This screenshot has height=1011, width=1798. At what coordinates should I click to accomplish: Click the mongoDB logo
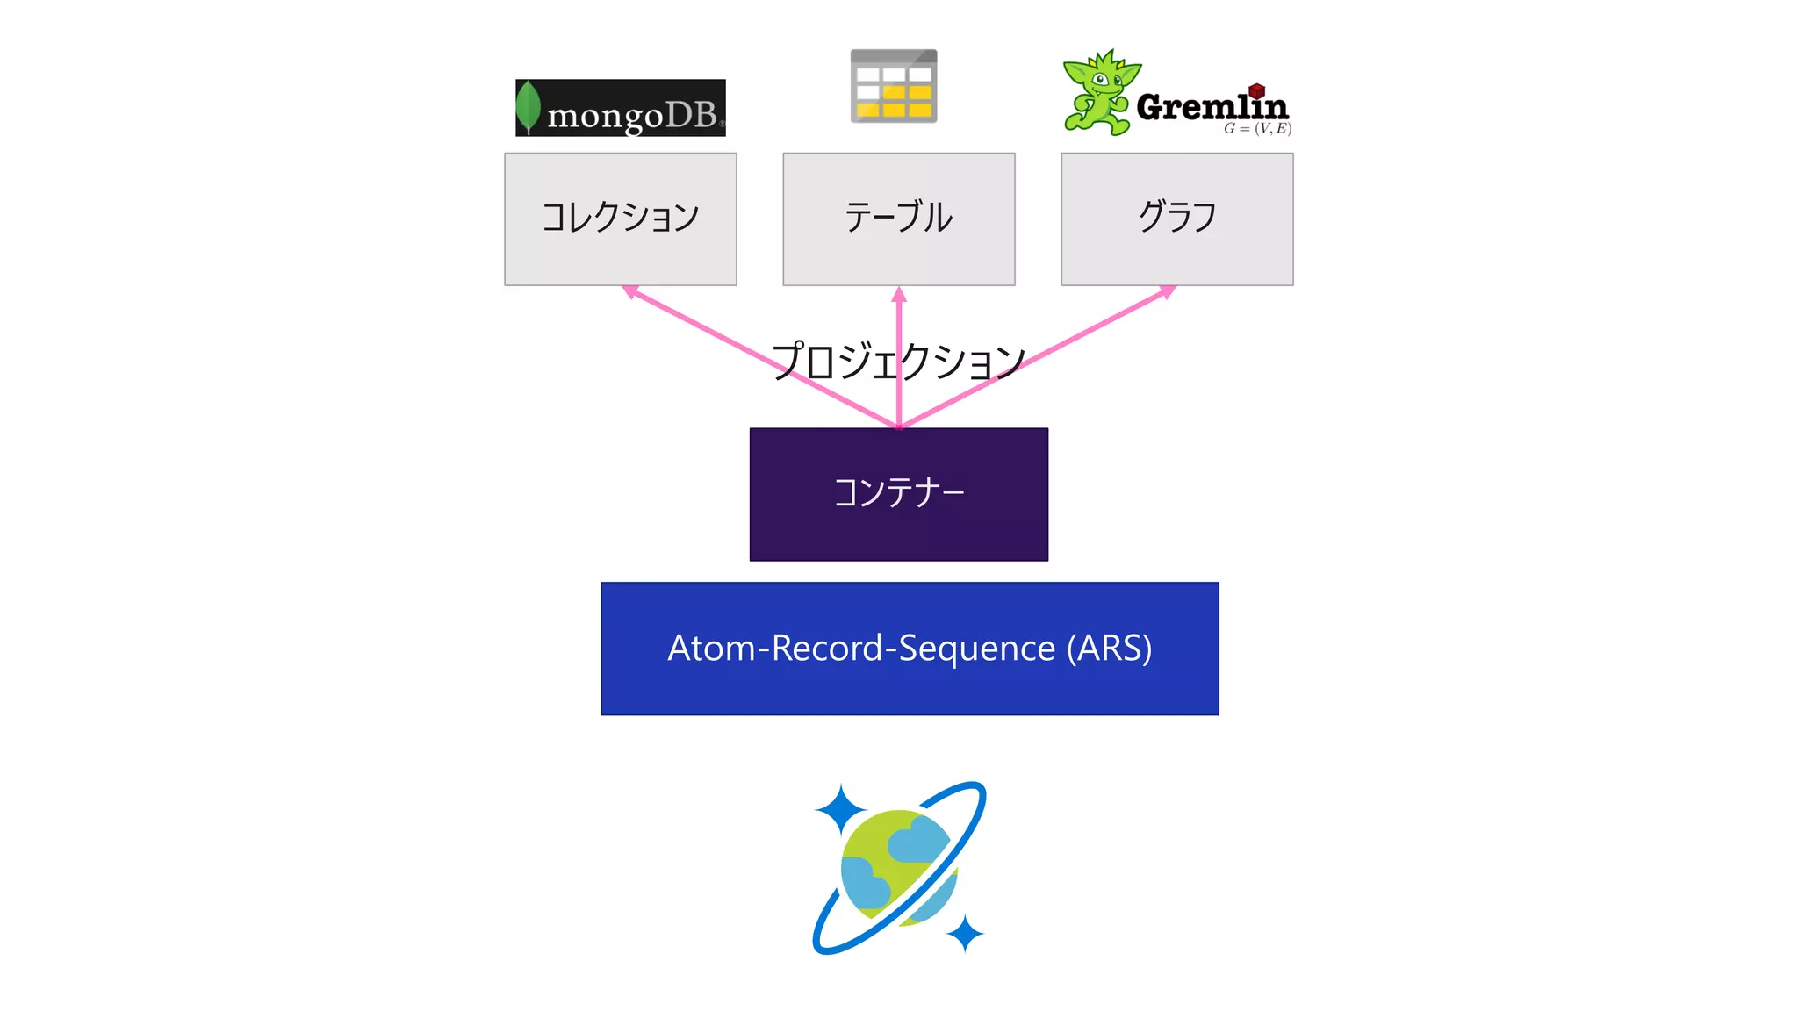point(620,108)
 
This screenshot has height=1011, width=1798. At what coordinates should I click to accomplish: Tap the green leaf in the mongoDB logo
point(528,106)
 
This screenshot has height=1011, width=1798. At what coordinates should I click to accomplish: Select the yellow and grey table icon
point(894,86)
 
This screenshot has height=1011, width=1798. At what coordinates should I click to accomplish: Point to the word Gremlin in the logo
point(1212,107)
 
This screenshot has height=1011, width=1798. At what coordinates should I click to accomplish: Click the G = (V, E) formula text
point(1257,128)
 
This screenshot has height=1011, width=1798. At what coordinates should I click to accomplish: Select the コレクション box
point(620,219)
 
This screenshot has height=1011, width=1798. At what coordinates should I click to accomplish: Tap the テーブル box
point(898,219)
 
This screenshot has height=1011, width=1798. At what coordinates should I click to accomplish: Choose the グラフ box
point(1176,219)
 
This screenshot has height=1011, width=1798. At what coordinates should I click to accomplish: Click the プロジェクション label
point(898,361)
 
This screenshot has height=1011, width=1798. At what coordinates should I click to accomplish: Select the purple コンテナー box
point(898,494)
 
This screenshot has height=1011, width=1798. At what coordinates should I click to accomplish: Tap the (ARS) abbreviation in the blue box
point(1109,649)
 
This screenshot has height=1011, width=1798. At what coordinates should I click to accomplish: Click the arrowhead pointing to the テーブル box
point(898,295)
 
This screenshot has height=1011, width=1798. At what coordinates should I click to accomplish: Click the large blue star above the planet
point(840,809)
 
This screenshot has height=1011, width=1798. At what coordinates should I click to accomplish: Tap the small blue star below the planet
point(965,933)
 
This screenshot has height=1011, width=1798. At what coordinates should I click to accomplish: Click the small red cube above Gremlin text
point(1256,90)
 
